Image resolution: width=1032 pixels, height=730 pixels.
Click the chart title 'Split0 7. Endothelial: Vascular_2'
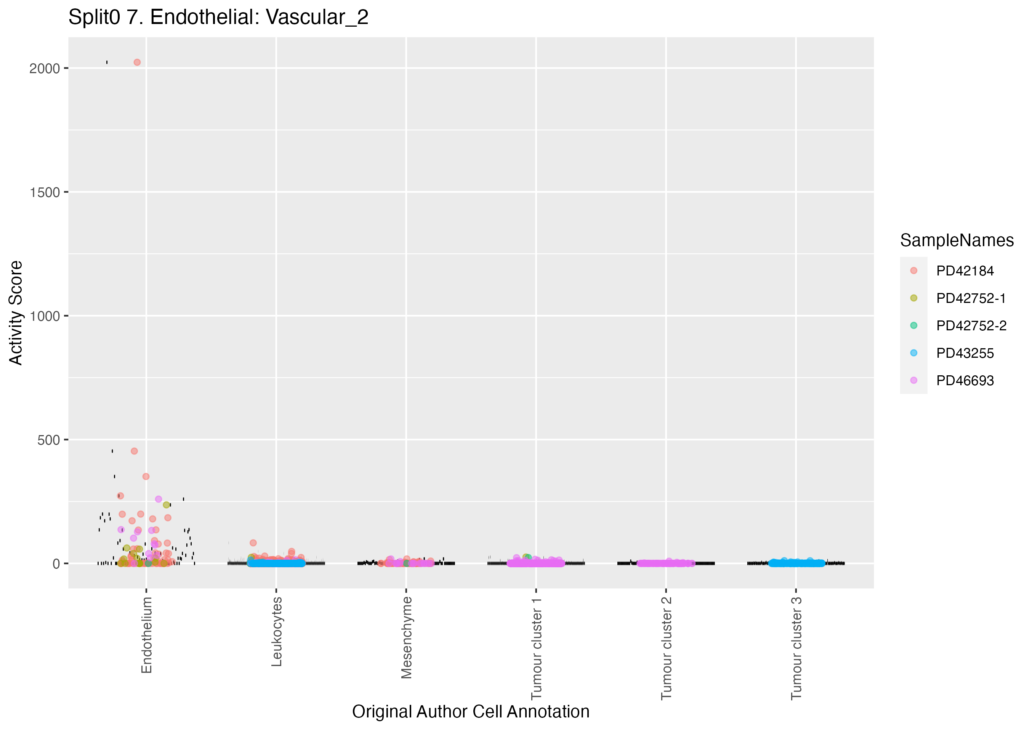point(218,18)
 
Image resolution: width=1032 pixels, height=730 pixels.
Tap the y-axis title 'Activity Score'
point(16,313)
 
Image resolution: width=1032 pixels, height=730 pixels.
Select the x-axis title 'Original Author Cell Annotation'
point(471,712)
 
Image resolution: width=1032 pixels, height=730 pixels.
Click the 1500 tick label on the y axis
point(45,192)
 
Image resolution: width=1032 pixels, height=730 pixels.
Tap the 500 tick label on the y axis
point(48,440)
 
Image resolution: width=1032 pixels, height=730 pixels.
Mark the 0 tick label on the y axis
point(56,564)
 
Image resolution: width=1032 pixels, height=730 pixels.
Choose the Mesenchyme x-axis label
point(406,637)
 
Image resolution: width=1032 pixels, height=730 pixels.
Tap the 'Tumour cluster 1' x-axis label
point(536,648)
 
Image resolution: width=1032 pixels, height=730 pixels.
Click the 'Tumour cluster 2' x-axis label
point(666,648)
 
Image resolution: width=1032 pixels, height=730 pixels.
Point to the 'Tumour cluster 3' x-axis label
point(796,648)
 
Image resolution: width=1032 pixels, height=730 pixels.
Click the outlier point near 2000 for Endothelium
point(137,62)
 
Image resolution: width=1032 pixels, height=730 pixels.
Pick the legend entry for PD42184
point(965,271)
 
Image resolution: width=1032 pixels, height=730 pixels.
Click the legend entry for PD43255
point(965,353)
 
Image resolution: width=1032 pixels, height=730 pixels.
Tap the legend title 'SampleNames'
point(957,240)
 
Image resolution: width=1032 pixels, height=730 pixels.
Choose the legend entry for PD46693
point(965,381)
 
